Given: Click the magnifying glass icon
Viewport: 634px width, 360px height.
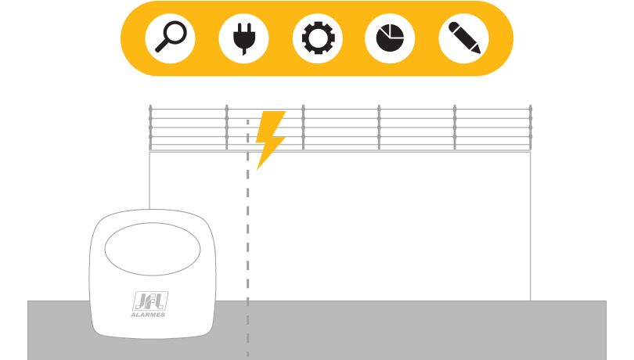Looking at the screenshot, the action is [171, 38].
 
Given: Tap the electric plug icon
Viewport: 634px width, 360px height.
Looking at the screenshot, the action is [243, 38].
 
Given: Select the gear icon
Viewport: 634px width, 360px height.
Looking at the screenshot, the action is [319, 38].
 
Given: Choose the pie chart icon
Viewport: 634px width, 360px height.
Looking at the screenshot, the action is [390, 38].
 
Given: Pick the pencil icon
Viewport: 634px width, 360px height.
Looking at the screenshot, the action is [464, 38].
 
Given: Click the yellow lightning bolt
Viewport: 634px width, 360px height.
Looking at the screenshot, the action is [271, 139].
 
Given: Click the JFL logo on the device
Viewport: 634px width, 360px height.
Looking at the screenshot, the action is [150, 301].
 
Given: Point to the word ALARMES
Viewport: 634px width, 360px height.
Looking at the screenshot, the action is [148, 315].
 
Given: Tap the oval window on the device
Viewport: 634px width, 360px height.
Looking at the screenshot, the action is [153, 249].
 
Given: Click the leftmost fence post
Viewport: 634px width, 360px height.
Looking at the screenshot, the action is [150, 128].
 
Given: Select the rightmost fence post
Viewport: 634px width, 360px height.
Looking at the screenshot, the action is [531, 128].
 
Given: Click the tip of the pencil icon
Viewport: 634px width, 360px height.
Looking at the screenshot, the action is [479, 52].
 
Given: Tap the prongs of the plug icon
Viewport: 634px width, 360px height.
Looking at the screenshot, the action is [243, 27].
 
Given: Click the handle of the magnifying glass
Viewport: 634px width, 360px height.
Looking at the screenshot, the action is [162, 45].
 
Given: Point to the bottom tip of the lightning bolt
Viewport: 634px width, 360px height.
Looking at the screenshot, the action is [258, 169].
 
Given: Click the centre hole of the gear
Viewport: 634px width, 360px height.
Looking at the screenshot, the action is [319, 38].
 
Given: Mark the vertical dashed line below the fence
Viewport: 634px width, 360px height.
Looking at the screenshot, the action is [248, 238].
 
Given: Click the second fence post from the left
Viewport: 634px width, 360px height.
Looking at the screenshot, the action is [227, 128].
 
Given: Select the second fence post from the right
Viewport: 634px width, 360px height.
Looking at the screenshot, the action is [455, 128].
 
